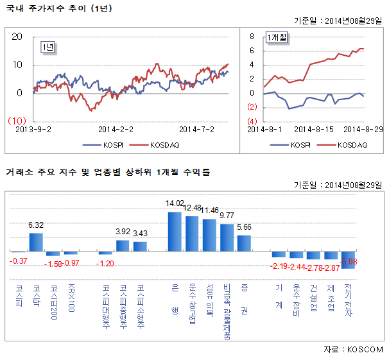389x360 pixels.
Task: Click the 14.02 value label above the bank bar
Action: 175,203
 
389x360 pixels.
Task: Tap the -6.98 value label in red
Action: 349,262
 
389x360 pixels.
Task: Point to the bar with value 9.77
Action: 227,237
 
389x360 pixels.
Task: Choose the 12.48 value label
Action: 192,208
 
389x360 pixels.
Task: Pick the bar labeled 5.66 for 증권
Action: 244,243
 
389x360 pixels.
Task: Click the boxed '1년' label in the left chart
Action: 48,47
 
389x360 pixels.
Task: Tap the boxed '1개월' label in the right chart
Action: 277,39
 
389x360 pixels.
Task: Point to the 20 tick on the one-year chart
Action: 18,37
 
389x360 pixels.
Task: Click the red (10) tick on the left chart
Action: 16,121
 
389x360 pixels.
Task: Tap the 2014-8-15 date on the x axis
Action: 313,129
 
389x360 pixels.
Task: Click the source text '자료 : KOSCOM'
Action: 353,350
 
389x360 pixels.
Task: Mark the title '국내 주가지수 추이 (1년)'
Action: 49,8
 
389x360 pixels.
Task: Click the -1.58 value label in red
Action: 54,263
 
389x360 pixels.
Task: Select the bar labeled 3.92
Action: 123,245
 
